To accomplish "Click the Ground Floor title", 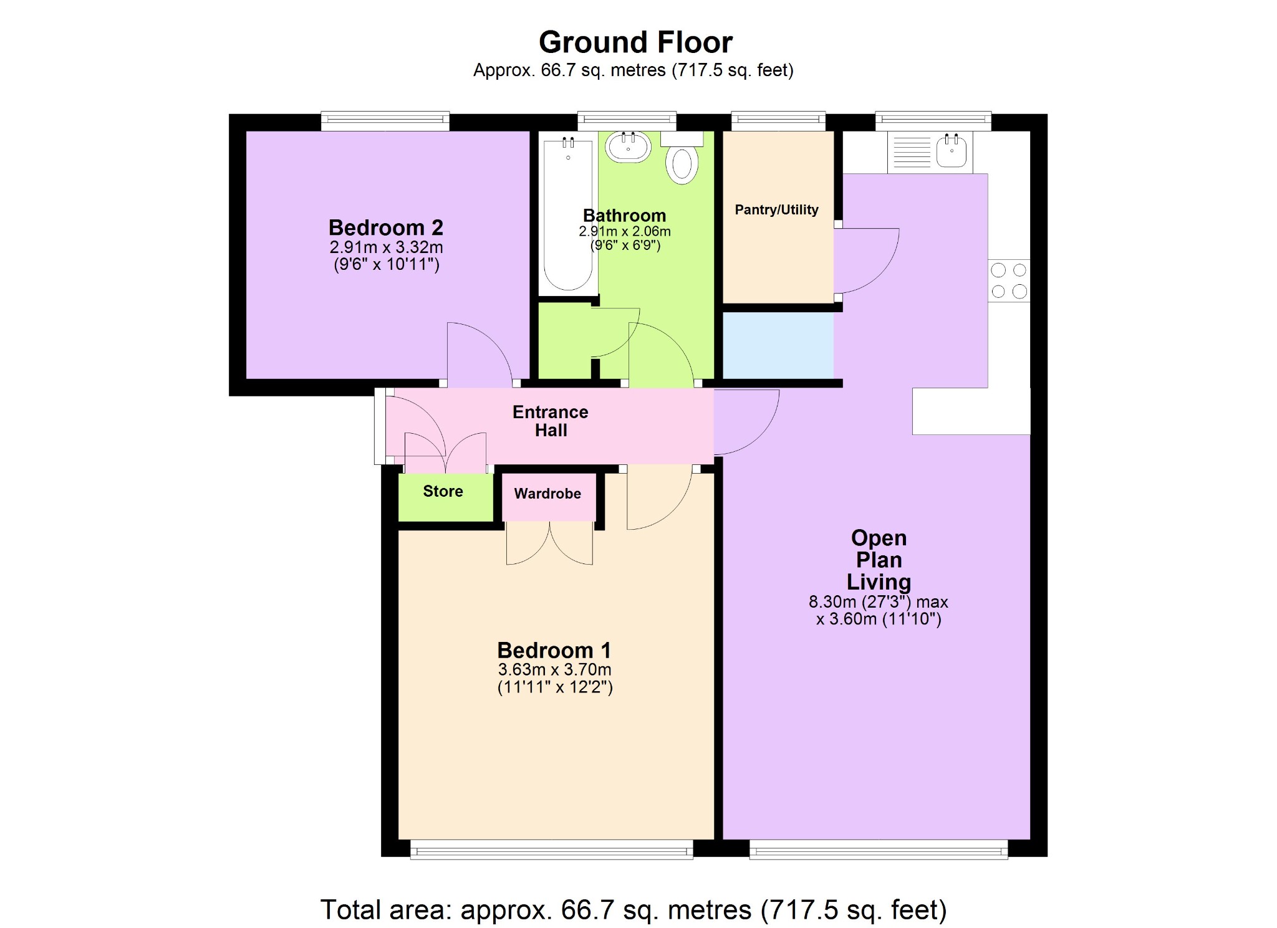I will (635, 42).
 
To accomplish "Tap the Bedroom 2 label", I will (385, 227).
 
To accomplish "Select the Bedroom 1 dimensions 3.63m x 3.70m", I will (554, 670).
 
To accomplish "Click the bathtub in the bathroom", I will (567, 215).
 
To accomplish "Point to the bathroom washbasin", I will (628, 147).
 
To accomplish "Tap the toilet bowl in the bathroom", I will (682, 165).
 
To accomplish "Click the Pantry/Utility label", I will (776, 210).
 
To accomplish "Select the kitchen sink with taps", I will (952, 151).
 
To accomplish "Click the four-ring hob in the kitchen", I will (1008, 280).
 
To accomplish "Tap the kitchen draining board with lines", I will (911, 151).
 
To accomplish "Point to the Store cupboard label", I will (443, 491).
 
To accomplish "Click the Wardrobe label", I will (547, 494).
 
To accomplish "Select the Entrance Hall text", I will (551, 421).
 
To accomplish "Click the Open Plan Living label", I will (878, 559).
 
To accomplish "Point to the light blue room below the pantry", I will (778, 345).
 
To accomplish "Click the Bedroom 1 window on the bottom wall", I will (551, 849).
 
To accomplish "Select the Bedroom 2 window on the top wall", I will (385, 121).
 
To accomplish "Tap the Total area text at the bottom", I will (634, 909).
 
